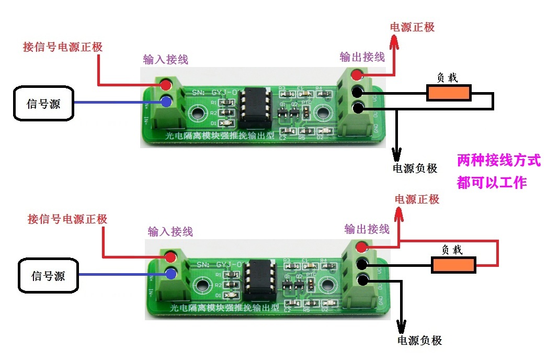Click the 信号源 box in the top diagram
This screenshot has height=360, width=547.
pyautogui.click(x=43, y=103)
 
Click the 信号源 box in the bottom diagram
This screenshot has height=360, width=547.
pyautogui.click(x=49, y=275)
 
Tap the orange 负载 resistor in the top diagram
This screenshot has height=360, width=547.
pyautogui.click(x=449, y=94)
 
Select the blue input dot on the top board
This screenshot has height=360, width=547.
pyautogui.click(x=167, y=101)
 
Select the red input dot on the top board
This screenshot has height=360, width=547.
pyautogui.click(x=167, y=84)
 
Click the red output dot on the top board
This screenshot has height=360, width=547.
pyautogui.click(x=357, y=74)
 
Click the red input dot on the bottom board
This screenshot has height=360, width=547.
pyautogui.click(x=170, y=257)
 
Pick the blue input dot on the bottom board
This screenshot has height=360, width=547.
pyautogui.click(x=170, y=273)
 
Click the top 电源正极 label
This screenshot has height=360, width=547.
pyautogui.click(x=413, y=27)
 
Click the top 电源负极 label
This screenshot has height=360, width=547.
pyautogui.click(x=415, y=168)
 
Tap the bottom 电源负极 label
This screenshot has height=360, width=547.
pyautogui.click(x=420, y=341)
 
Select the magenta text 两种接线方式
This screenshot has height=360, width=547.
pyautogui.click(x=498, y=160)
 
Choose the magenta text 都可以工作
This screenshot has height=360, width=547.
pyautogui.click(x=491, y=183)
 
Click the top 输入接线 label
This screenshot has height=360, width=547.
pyautogui.click(x=165, y=60)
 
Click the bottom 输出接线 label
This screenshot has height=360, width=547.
pyautogui.click(x=367, y=229)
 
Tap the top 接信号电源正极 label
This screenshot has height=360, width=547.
pyautogui.click(x=63, y=47)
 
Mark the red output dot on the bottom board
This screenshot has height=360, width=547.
pyautogui.click(x=362, y=247)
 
